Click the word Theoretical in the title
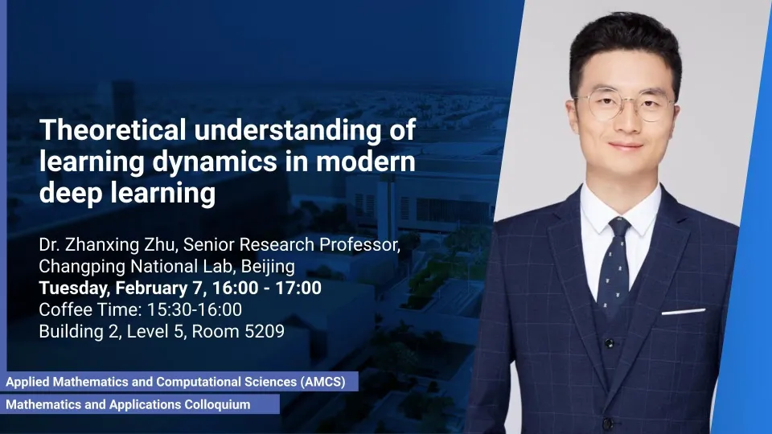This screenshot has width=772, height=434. (113, 129)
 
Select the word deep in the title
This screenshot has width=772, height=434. (71, 193)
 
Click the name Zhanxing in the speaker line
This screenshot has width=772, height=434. (103, 244)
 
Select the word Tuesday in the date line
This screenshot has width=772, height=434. (74, 288)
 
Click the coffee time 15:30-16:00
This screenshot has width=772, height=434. (195, 309)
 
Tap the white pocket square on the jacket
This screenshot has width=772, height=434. (684, 312)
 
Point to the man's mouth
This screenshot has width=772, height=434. (626, 145)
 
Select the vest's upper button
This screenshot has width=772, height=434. (610, 343)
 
